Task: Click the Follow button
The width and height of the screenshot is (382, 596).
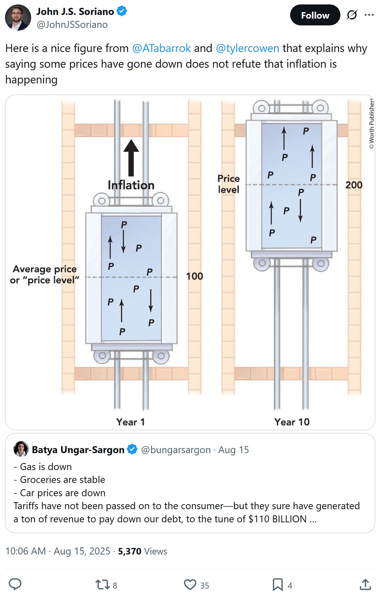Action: [315, 15]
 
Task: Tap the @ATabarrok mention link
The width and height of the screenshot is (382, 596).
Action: [161, 48]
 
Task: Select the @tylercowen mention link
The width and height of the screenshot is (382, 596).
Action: [247, 48]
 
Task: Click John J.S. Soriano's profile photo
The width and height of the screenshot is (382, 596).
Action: [18, 17]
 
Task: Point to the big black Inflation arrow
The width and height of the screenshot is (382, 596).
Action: [131, 158]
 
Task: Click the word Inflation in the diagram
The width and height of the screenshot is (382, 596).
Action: [131, 185]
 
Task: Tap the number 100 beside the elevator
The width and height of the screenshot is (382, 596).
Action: [194, 276]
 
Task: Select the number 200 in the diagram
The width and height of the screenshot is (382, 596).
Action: [354, 185]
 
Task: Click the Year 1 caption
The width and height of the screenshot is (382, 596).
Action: [130, 422]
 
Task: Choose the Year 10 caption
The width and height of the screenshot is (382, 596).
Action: [292, 422]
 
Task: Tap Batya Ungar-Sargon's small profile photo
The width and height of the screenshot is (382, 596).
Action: [21, 449]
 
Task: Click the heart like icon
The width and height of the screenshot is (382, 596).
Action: [190, 585]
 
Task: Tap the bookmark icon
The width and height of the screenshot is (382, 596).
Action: [278, 585]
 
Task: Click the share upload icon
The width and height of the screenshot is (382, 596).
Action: [365, 584]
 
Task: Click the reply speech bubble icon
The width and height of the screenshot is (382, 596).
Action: [15, 584]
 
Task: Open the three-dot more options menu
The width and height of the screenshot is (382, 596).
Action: [369, 15]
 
